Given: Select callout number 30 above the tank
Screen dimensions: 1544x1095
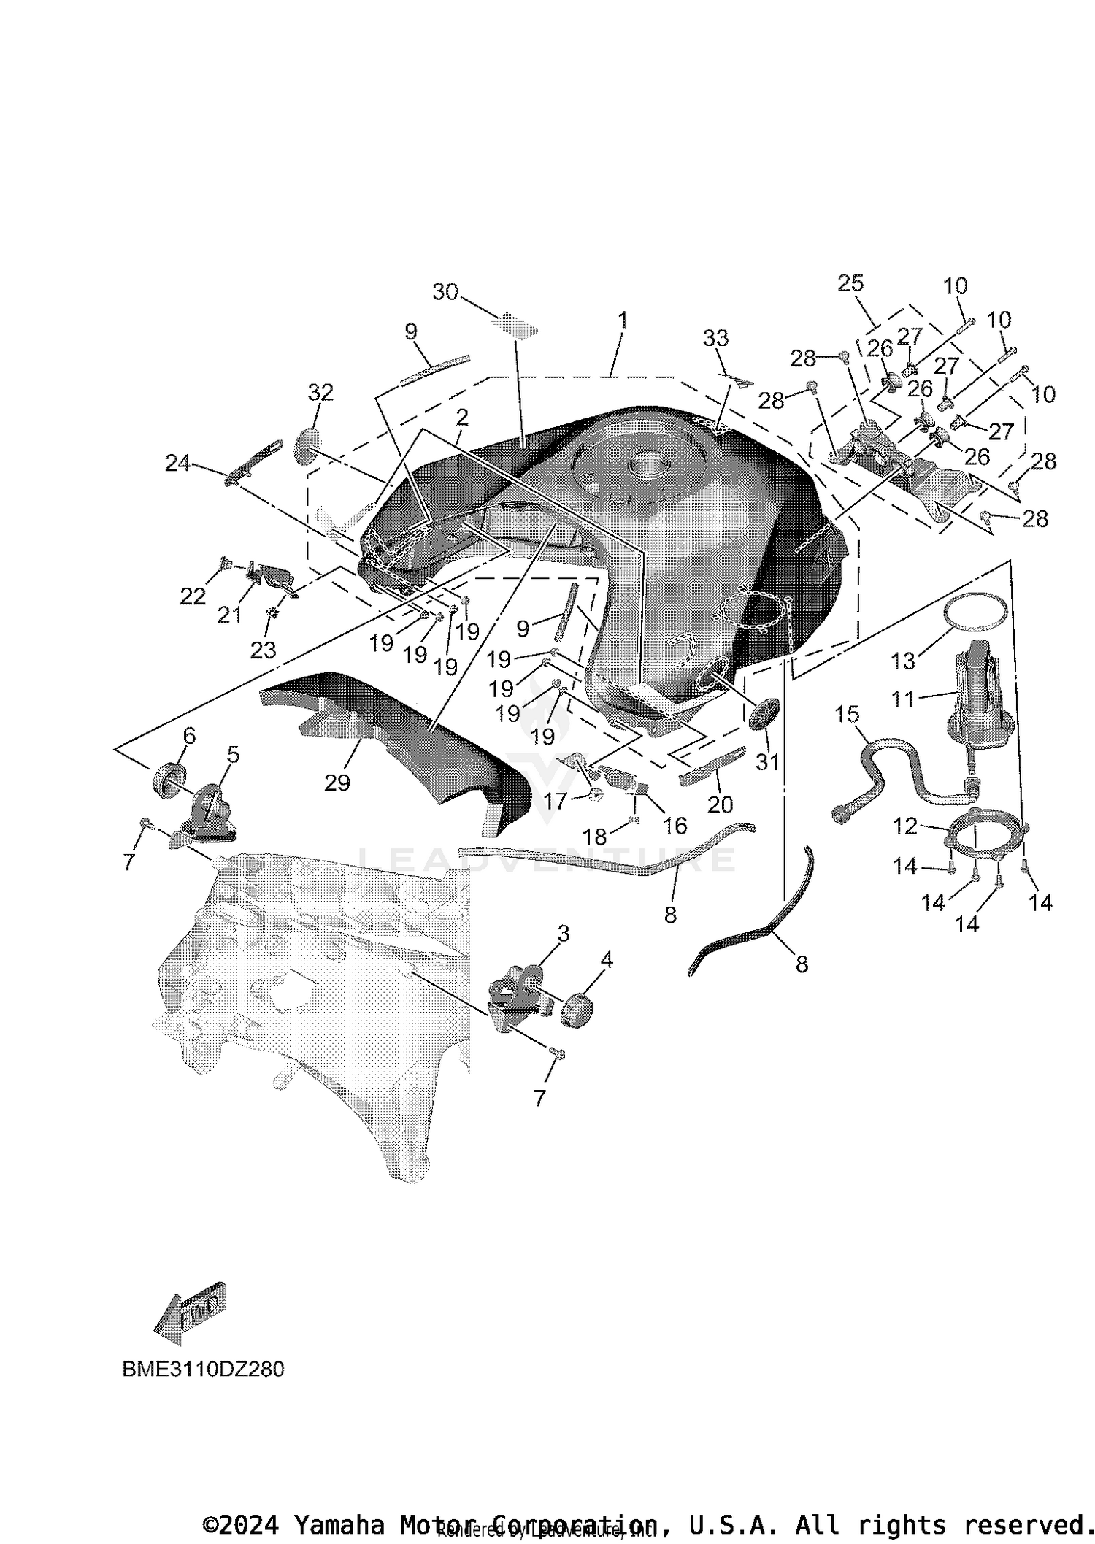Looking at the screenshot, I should coord(445,292).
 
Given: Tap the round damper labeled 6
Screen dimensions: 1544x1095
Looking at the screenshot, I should coord(168,776).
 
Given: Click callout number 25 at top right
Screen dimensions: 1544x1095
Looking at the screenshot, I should coord(850,283).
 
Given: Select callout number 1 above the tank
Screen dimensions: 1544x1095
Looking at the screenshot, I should coord(622,320).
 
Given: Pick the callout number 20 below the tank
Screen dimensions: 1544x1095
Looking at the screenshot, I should coord(721,804).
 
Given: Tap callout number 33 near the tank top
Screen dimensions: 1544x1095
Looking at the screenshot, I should coord(715,338).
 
